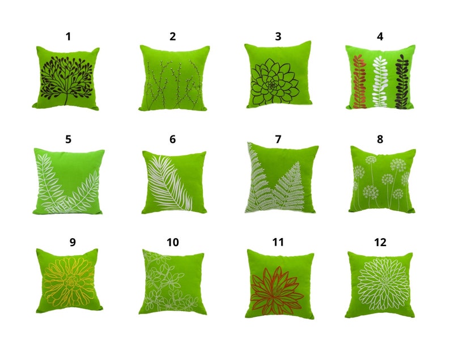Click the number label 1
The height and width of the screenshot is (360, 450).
point(69,37)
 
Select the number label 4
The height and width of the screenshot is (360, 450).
point(380,37)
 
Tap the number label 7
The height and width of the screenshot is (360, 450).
point(278,139)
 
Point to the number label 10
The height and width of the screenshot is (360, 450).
point(172,242)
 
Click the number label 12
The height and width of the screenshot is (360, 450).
point(380,242)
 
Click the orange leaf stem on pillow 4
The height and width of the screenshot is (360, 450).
point(357,82)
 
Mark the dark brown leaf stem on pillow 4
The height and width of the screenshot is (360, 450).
point(402,82)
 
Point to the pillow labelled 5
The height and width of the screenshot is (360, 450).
point(67,181)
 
